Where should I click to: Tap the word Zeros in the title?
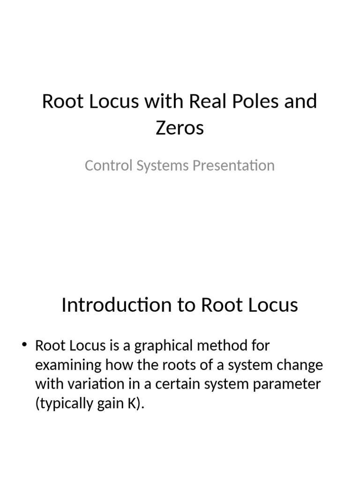coord(180,127)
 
